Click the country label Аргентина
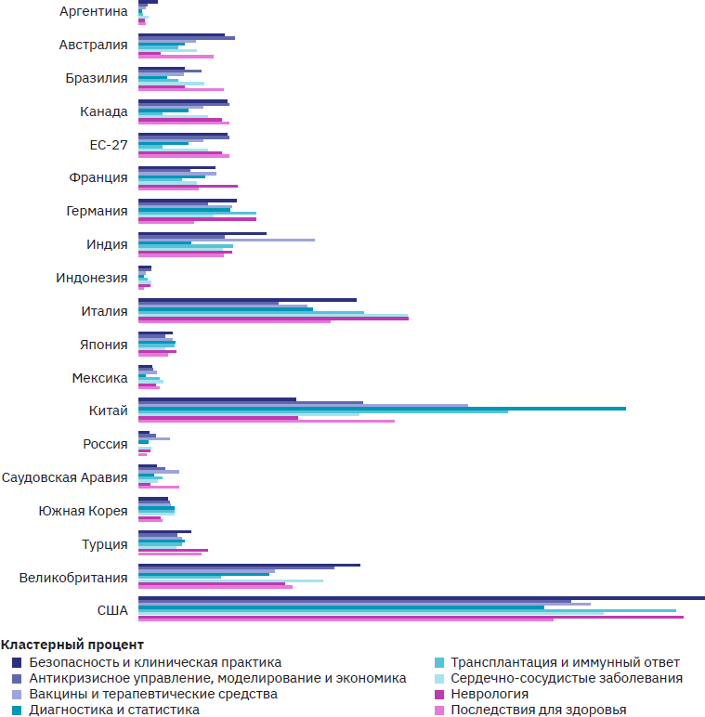93,11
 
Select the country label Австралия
93,45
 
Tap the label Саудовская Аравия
65,477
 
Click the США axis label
112,610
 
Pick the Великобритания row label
73,578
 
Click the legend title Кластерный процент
72,645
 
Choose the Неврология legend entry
490,694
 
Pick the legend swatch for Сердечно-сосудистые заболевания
440,678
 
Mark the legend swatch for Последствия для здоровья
440,710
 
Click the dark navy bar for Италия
247,299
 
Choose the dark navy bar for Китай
217,399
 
